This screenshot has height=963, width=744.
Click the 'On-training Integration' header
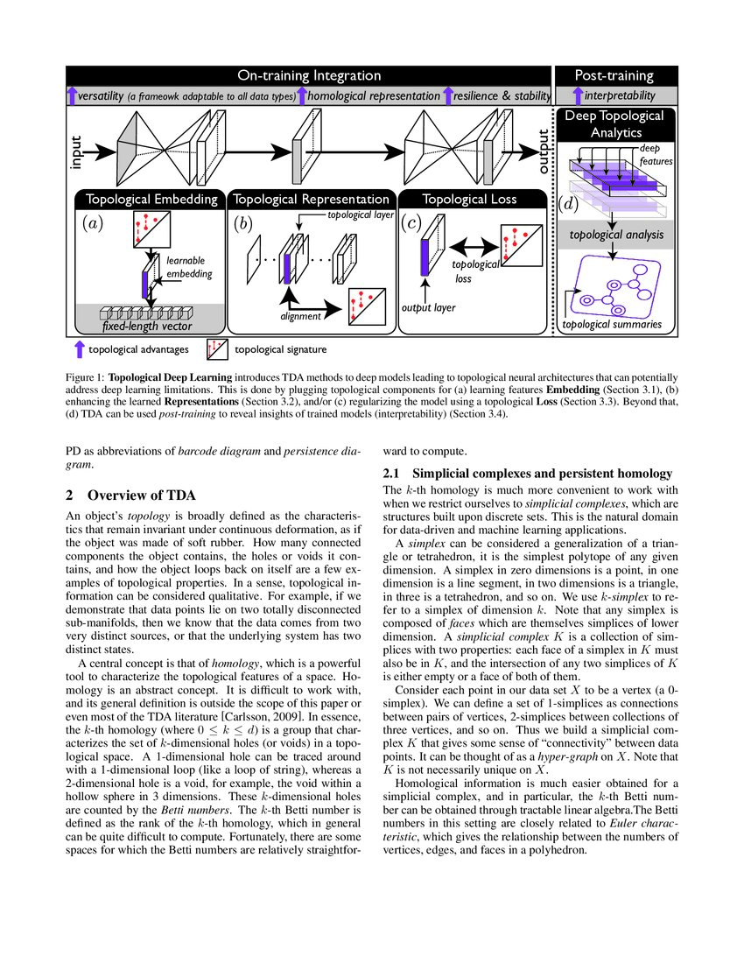(310, 76)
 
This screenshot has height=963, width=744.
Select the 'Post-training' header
(614, 76)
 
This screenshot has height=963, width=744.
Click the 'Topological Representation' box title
(311, 199)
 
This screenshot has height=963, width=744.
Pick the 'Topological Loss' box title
(469, 199)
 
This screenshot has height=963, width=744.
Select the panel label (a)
(92, 222)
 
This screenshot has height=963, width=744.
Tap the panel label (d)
(568, 205)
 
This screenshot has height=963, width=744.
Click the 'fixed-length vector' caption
(146, 327)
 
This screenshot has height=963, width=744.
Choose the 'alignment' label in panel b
(299, 317)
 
